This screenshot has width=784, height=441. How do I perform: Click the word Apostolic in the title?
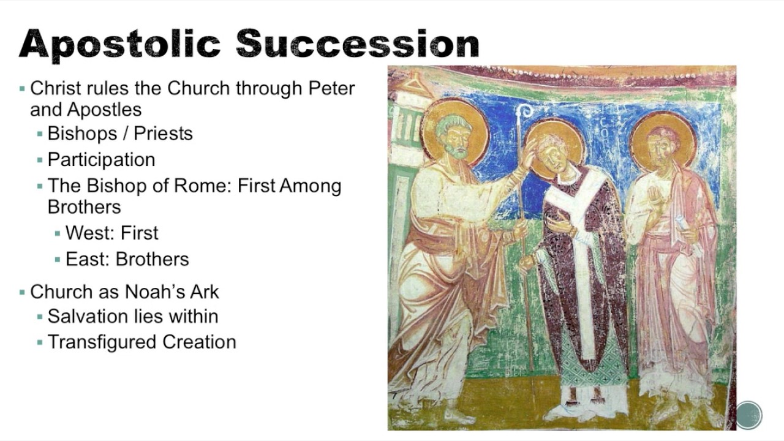click(x=121, y=43)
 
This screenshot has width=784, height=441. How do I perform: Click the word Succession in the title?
click(x=357, y=43)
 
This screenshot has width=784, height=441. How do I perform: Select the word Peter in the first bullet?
click(x=331, y=88)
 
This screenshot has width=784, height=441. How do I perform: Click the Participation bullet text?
click(x=101, y=160)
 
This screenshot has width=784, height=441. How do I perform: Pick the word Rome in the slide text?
click(x=201, y=186)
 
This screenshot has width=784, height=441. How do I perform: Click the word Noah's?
click(x=146, y=292)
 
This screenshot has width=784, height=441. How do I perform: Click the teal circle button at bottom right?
click(x=748, y=415)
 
